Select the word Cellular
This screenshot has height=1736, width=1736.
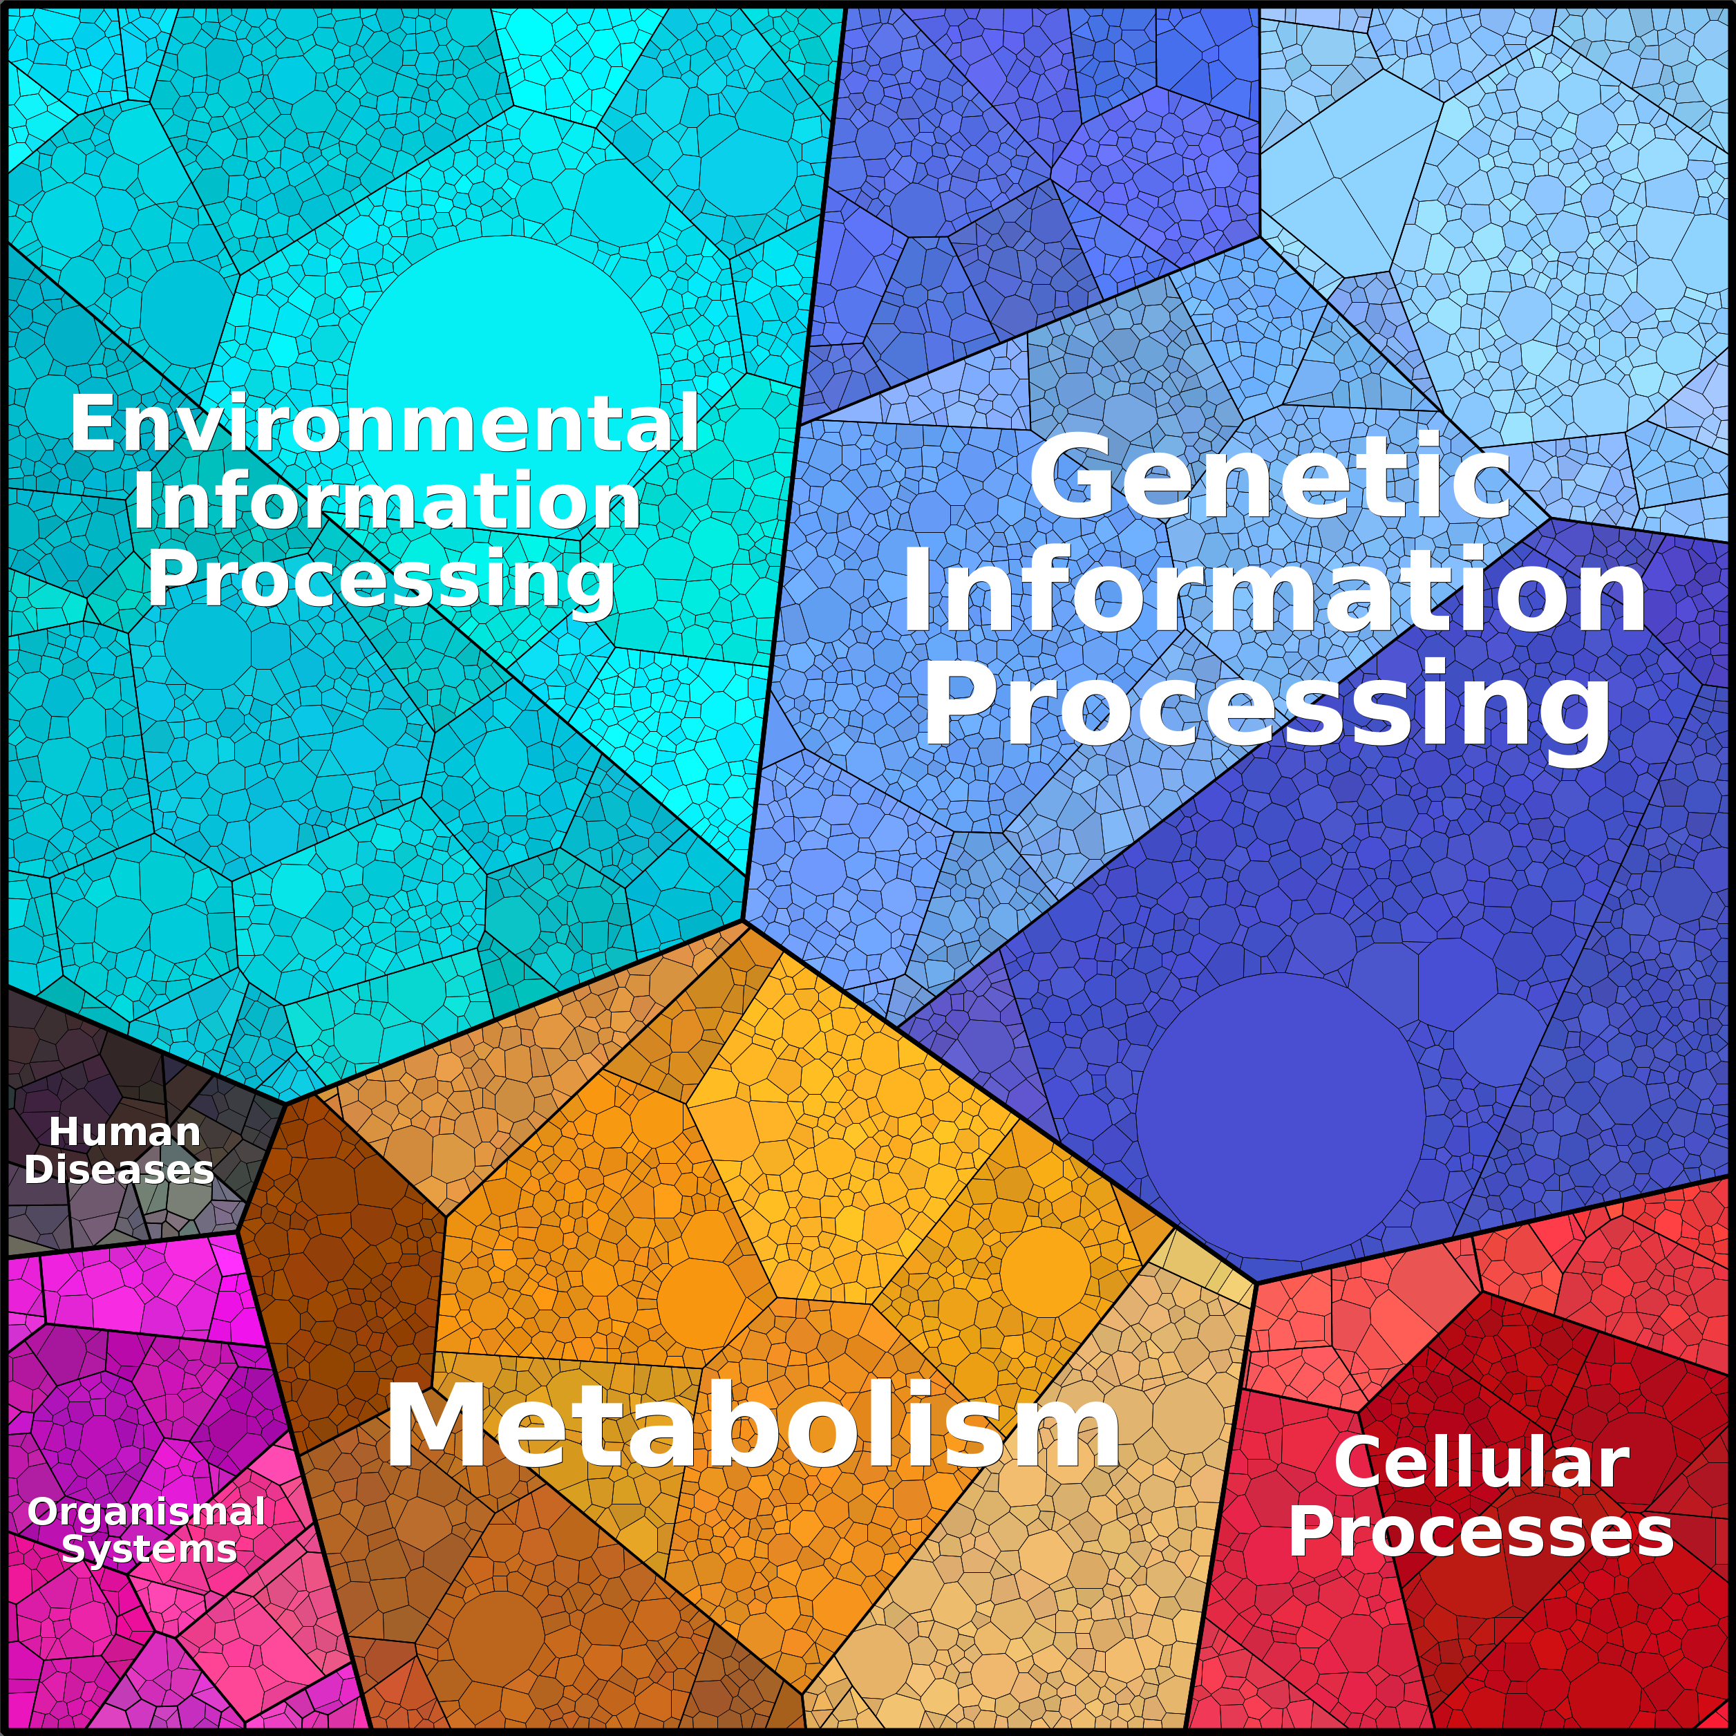pyautogui.click(x=1482, y=1462)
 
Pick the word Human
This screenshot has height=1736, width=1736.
pyautogui.click(x=124, y=1132)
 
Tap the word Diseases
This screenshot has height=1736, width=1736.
pyautogui.click(x=119, y=1170)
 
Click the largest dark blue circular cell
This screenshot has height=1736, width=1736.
pyautogui.click(x=1281, y=1115)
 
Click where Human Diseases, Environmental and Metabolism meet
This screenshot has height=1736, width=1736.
pyautogui.click(x=284, y=1102)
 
